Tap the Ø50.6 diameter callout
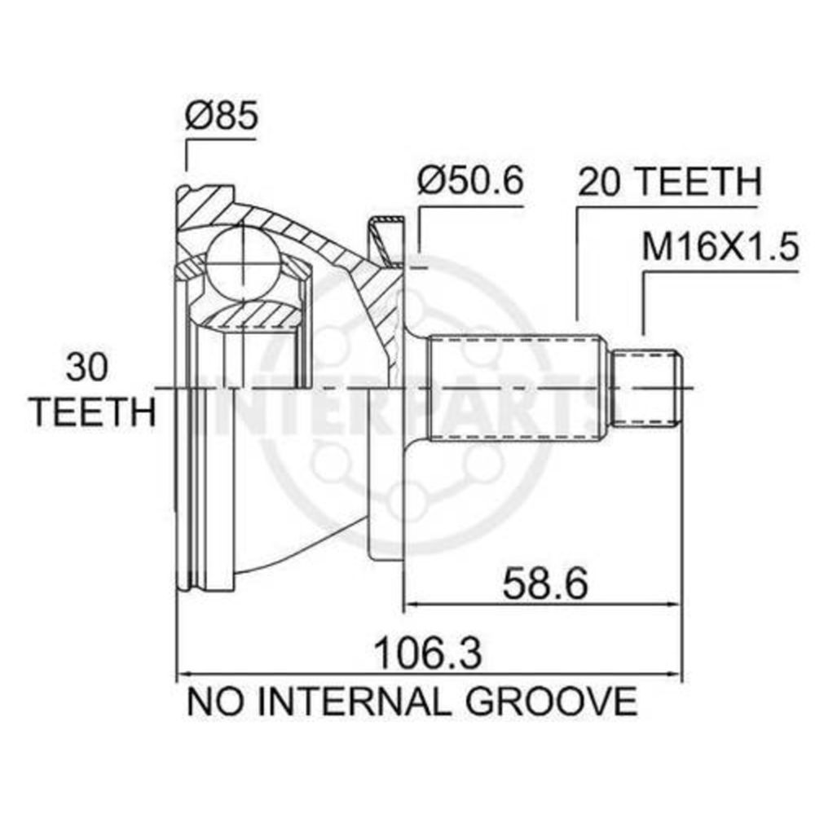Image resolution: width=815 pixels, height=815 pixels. pyautogui.click(x=470, y=179)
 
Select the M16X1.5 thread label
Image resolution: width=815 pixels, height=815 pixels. pyautogui.click(x=720, y=246)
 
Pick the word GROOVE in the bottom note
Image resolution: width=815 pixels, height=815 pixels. pyautogui.click(x=551, y=701)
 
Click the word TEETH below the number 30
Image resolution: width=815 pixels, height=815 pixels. pyautogui.click(x=94, y=412)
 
